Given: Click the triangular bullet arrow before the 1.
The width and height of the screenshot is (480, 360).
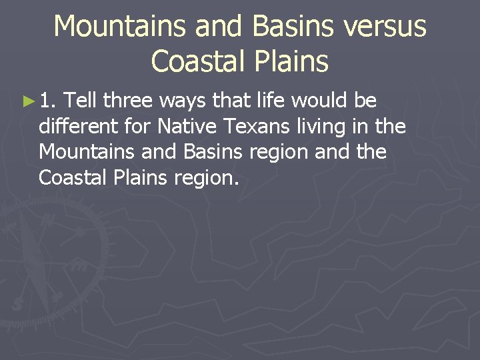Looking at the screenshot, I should pos(27,101).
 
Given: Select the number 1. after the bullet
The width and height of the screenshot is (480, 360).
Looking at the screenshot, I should pos(48,101).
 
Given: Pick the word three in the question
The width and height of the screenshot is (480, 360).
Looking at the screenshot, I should pos(129,101).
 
